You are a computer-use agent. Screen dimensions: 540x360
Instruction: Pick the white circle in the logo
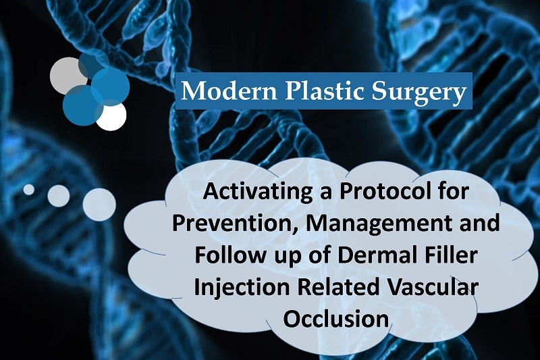click(111, 116)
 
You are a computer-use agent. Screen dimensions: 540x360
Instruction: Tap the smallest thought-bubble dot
click(29, 190)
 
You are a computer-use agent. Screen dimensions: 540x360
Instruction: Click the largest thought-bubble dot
click(99, 205)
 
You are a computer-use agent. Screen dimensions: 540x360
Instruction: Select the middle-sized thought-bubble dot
click(59, 196)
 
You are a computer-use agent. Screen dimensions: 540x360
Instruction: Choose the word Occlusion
click(336, 318)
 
